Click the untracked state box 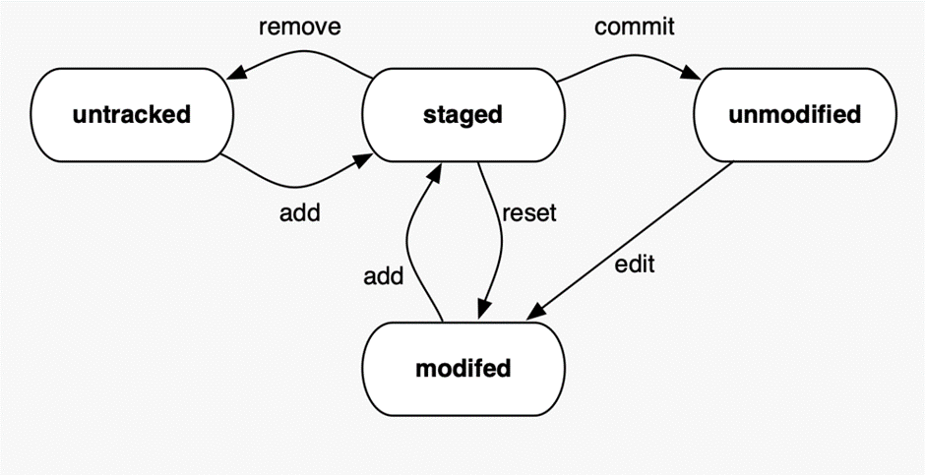pos(131,114)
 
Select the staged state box pos(462,114)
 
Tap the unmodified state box pos(794,114)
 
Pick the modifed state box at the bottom pos(462,369)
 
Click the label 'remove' pos(299,27)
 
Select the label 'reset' pos(528,213)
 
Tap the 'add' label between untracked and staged pos(299,212)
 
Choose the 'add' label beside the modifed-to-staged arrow pos(383,276)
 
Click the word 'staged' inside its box pos(462,114)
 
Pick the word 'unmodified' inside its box pos(794,114)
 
